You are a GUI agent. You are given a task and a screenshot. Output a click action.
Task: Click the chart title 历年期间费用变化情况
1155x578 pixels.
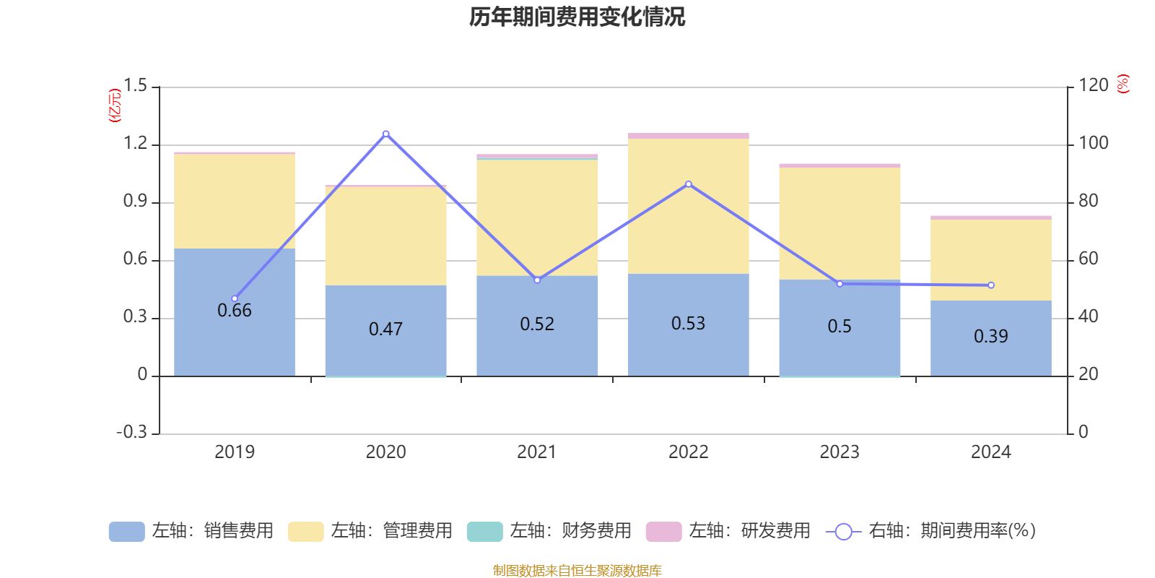(x=577, y=17)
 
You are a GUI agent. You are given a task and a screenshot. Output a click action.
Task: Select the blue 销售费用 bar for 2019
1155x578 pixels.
(x=235, y=340)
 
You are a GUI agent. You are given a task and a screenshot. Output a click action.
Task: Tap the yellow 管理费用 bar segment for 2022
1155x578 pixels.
(x=688, y=206)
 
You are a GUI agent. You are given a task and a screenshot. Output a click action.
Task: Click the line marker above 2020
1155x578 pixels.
(x=385, y=134)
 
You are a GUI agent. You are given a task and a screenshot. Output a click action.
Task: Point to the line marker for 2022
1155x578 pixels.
(x=688, y=184)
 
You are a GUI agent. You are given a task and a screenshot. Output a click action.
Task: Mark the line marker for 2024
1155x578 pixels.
(x=990, y=285)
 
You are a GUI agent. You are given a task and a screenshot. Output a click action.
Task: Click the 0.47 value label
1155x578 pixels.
(x=385, y=329)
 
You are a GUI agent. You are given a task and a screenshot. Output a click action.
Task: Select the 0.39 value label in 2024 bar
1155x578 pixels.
(x=990, y=337)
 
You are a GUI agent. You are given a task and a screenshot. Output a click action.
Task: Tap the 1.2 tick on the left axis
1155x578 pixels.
(x=134, y=144)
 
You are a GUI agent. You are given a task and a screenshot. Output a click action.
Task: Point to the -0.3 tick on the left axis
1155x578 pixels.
(x=131, y=432)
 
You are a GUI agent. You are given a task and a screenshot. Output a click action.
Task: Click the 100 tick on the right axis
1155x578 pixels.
(x=1093, y=143)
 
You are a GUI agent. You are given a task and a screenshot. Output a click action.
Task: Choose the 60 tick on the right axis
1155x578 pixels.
(x=1088, y=259)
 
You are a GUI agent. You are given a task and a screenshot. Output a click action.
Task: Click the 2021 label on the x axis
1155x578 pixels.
(x=536, y=452)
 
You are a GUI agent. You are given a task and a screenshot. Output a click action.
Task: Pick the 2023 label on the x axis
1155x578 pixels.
(x=839, y=452)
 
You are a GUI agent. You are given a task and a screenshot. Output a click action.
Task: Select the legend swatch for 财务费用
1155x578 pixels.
(x=484, y=532)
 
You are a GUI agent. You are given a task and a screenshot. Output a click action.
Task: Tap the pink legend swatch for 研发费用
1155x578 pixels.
(x=663, y=532)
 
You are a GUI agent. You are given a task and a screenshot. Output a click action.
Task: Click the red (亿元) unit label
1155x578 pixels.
(x=114, y=105)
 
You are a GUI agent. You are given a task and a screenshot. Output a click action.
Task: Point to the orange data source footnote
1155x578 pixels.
(x=577, y=571)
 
